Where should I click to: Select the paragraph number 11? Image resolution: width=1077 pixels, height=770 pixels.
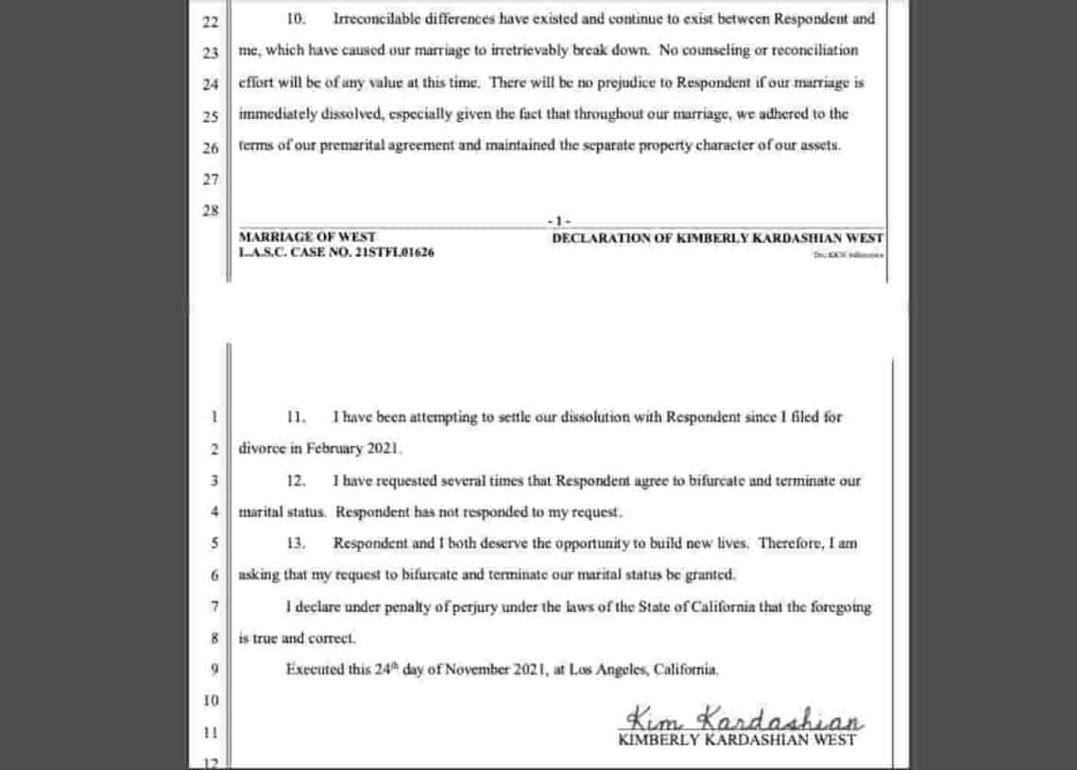(x=296, y=417)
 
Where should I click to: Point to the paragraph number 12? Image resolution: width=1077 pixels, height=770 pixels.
(x=296, y=481)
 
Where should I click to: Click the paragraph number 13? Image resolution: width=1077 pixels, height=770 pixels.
(x=296, y=544)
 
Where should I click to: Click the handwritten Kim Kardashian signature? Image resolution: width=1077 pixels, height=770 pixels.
(x=744, y=718)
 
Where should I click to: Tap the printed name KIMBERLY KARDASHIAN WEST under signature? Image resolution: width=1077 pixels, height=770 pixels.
(x=737, y=740)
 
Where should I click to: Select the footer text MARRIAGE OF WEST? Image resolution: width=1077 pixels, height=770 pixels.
(x=307, y=237)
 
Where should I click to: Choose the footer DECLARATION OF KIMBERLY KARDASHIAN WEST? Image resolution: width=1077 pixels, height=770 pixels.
(x=718, y=237)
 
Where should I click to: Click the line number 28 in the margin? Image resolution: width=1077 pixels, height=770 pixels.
(x=210, y=211)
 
